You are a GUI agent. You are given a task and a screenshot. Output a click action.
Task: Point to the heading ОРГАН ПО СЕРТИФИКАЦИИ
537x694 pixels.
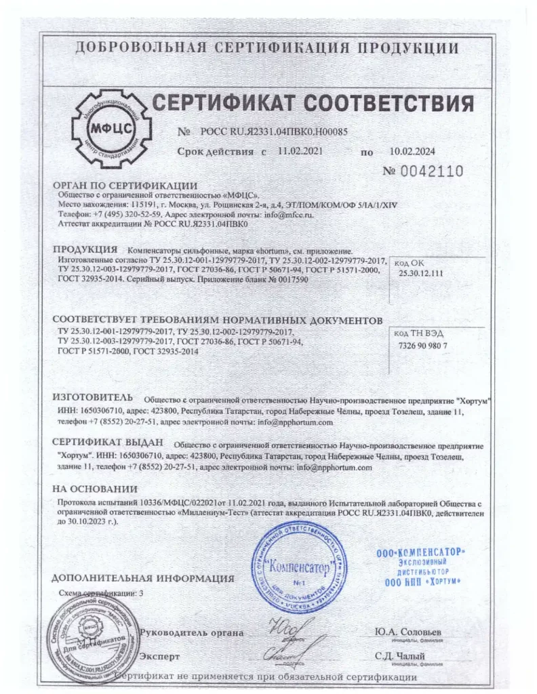point(125,186)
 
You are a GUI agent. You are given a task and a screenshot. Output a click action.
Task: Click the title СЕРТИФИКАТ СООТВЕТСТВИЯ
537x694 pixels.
point(312,104)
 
